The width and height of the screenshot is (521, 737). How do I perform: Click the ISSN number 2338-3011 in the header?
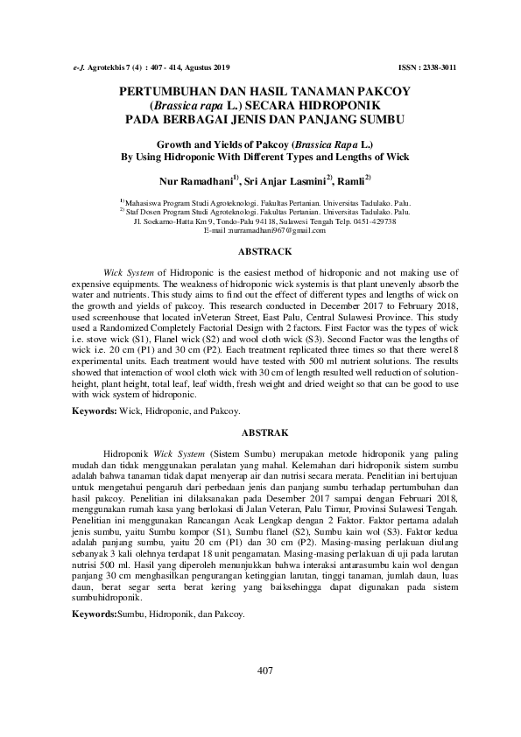(438, 67)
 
